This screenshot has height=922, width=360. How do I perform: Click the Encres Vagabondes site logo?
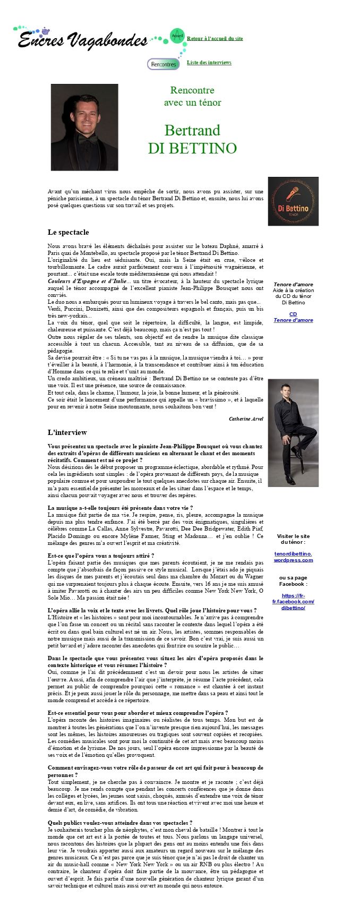(82, 39)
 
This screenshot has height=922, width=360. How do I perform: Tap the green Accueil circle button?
(177, 36)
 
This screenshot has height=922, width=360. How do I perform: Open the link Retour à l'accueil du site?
(215, 39)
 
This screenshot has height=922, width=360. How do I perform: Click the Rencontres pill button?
(163, 64)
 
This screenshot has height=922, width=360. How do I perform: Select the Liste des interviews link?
(209, 63)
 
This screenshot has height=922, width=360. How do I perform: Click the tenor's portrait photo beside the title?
(84, 127)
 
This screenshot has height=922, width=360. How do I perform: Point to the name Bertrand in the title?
(192, 130)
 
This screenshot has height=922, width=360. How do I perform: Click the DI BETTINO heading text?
(192, 148)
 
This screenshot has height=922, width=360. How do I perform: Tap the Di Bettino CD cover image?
(293, 201)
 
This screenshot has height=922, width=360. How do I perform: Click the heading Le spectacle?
(68, 232)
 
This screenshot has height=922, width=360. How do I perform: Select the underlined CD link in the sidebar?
(293, 314)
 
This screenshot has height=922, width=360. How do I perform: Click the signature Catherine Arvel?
(246, 419)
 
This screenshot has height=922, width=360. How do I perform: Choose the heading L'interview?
(67, 432)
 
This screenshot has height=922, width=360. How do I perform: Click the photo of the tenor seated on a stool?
(293, 432)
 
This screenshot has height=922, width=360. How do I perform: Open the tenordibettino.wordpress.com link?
(293, 557)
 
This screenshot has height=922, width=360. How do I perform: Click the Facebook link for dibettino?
(293, 601)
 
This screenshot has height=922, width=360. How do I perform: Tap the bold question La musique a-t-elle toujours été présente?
(120, 508)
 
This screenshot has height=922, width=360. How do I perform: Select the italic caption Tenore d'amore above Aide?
(293, 285)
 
